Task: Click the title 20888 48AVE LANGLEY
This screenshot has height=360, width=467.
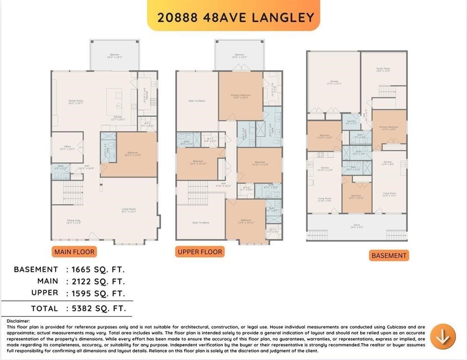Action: [236, 17]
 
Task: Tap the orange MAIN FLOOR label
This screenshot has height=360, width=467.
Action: [74, 252]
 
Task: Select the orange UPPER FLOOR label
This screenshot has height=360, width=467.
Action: [200, 252]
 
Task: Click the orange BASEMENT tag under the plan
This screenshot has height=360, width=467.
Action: [389, 255]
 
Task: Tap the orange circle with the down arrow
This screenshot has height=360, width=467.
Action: [443, 336]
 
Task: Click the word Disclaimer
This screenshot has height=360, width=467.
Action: [18, 321]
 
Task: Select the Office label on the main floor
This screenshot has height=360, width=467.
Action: [67, 147]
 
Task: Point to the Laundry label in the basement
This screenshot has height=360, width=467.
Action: [351, 121]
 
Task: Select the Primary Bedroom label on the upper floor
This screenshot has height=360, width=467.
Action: [240, 96]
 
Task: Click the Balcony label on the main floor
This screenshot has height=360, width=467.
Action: [115, 55]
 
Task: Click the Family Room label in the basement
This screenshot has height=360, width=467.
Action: [383, 69]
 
